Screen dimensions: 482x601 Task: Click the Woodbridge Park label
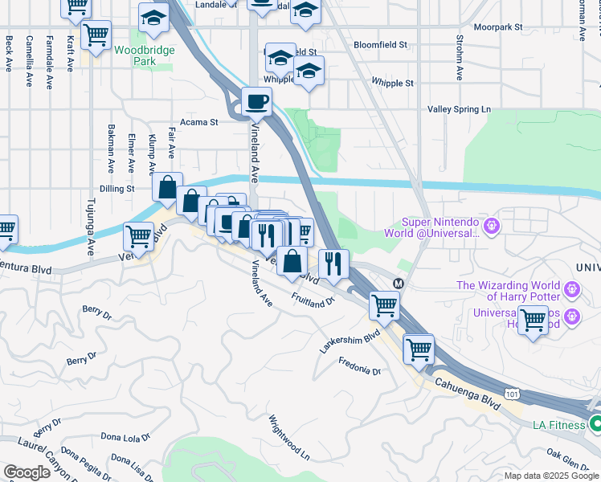pos(133,55)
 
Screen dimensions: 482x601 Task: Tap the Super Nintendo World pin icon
pos(492,227)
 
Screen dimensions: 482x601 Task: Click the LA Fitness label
pos(557,424)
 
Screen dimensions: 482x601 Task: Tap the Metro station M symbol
pos(398,283)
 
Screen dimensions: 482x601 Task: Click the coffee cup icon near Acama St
pos(256,102)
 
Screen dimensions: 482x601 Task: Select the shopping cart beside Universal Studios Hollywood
pos(532,320)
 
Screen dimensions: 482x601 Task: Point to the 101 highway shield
pos(512,393)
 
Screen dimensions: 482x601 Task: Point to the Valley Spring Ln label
pos(459,109)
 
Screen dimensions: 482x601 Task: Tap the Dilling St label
pos(116,189)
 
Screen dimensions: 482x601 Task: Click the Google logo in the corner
pos(27,472)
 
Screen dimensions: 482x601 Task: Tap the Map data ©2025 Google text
pos(550,476)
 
